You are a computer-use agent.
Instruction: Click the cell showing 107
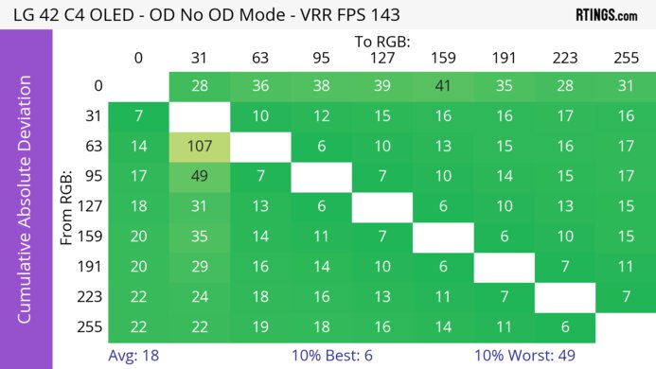(199, 146)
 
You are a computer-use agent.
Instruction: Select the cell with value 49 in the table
(199, 176)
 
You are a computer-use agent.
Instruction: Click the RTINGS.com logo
(606, 14)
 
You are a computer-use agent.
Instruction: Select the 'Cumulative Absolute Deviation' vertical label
(26, 206)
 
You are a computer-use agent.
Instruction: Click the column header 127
(382, 59)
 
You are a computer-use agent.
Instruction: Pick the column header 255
(626, 59)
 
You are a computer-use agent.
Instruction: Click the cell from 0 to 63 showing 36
(260, 86)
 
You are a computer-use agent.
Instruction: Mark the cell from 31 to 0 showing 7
(138, 115)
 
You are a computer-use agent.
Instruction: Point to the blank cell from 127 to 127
(382, 206)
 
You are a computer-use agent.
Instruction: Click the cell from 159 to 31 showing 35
(199, 236)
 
